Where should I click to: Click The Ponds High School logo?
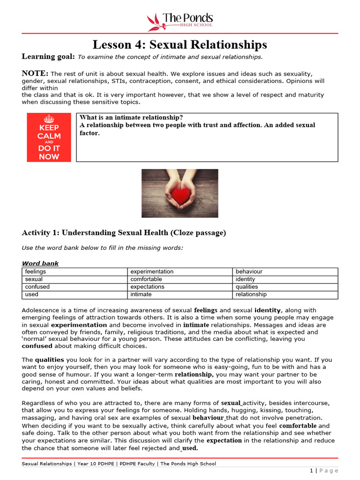[180, 21]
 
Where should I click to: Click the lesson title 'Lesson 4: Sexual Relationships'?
[180, 45]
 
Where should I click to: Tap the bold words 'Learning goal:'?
[48, 57]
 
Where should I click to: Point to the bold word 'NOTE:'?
[35, 73]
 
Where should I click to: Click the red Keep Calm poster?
[49, 137]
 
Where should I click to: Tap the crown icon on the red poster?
[49, 119]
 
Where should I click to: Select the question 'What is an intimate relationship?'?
[131, 117]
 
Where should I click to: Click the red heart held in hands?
[180, 195]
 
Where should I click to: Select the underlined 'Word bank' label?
[40, 263]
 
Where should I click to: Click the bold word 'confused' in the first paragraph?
[37, 346]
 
